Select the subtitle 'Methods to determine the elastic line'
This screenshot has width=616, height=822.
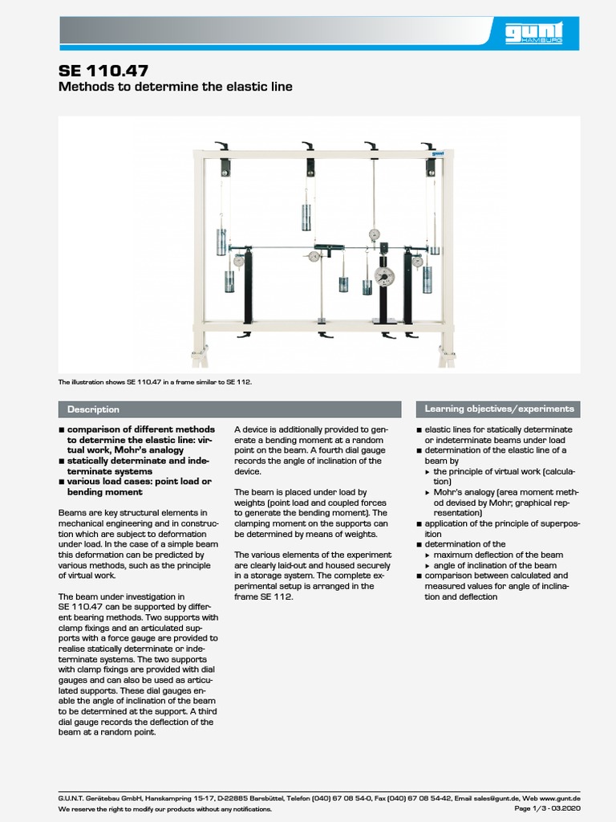(176, 87)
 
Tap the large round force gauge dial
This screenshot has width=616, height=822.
(384, 276)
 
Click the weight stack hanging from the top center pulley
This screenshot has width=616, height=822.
(306, 217)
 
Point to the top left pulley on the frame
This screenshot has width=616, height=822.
(225, 167)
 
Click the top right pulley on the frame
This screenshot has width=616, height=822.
(431, 167)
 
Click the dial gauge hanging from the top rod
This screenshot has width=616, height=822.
(374, 234)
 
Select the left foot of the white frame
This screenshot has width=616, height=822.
(199, 354)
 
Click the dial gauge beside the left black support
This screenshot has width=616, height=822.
(238, 260)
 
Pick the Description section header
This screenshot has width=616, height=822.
(93, 409)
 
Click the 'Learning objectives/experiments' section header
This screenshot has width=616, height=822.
(499, 409)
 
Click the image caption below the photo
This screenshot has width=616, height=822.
(155, 382)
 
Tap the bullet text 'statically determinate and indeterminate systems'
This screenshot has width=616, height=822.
(136, 466)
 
